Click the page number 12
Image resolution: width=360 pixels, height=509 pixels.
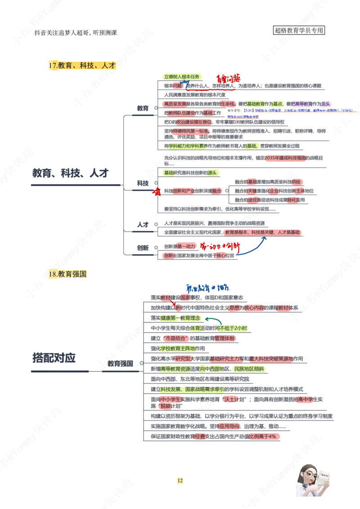pyautogui.click(x=180, y=481)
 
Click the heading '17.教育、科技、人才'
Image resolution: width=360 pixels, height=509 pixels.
pyautogui.click(x=82, y=66)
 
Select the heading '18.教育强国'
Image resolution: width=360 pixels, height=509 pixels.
pyautogui.click(x=67, y=274)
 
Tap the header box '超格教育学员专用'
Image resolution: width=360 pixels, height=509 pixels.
pyautogui.click(x=299, y=31)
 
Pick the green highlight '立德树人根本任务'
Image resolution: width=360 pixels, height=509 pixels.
pyautogui.click(x=183, y=76)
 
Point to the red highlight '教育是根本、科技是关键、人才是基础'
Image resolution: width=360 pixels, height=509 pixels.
pyautogui.click(x=263, y=232)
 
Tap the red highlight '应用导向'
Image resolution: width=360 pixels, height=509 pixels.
pyautogui.click(x=230, y=426)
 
